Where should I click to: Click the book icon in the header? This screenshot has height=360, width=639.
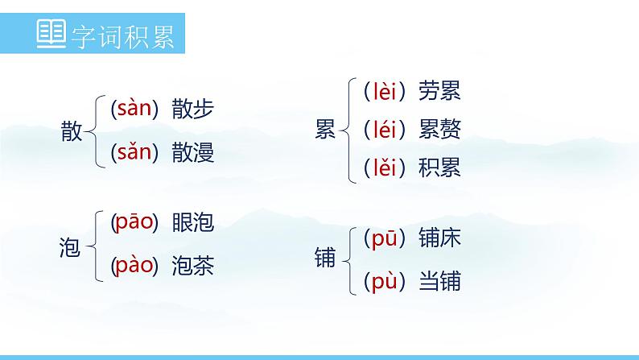click(53, 35)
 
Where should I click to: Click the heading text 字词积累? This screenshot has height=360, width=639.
click(123, 36)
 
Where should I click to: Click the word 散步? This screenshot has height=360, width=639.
click(193, 110)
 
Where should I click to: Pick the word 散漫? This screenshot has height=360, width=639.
click(193, 153)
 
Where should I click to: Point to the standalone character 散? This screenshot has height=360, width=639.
click(72, 131)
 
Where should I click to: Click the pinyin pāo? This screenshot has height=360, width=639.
click(134, 223)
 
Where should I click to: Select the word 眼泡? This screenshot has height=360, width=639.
click(193, 223)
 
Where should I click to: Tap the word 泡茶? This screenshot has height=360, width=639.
click(193, 265)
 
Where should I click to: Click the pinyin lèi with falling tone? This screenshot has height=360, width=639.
click(381, 92)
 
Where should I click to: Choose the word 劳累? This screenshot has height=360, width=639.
click(439, 92)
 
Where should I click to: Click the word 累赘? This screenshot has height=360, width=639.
click(439, 129)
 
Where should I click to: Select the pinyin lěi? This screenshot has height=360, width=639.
click(381, 168)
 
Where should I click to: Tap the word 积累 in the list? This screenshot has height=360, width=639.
click(439, 168)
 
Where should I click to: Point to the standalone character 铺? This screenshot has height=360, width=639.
click(326, 258)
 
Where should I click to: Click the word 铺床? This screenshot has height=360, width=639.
click(439, 238)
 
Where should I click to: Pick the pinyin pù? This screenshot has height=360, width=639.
click(381, 282)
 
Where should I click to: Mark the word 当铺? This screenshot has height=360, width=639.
click(439, 282)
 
